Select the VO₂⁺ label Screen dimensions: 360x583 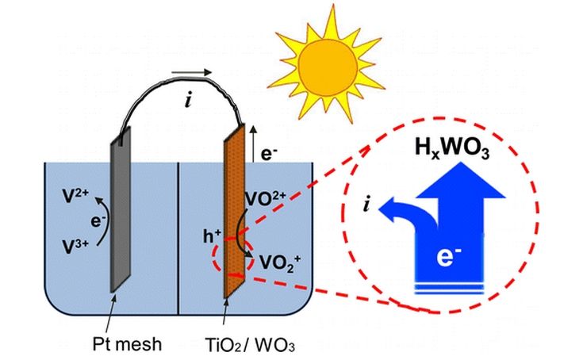(273, 259)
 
